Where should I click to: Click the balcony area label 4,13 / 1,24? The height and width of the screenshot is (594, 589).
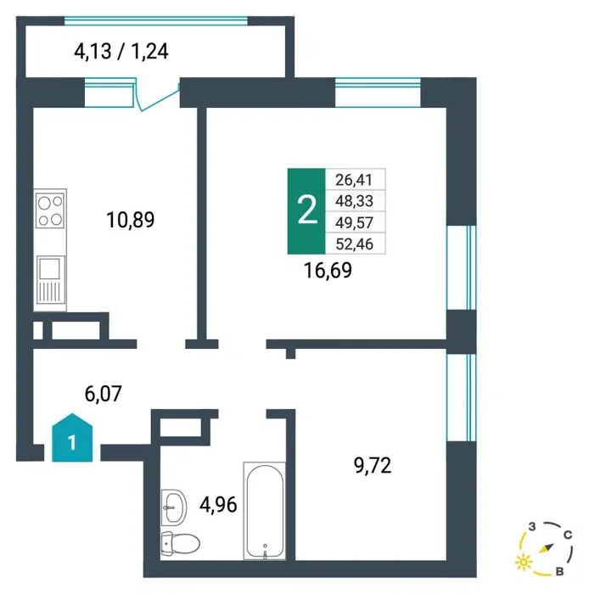121,51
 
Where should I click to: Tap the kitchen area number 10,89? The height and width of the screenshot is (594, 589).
131,220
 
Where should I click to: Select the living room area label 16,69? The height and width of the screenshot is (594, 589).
328,270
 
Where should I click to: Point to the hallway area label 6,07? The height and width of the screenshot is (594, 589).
103,394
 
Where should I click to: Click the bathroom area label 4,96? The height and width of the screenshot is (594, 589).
218,505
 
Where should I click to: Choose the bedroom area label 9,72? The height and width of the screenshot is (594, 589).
373,465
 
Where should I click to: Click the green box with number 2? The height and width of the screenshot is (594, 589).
306,211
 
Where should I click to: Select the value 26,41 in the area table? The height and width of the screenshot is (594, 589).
354,180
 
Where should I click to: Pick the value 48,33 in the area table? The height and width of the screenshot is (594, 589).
354,201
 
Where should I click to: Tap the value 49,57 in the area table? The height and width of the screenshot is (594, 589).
354,222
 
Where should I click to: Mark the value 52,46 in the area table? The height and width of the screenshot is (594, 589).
355,244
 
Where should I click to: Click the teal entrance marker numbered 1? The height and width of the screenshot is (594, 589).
72,438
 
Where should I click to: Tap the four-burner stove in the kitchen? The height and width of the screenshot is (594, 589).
50,210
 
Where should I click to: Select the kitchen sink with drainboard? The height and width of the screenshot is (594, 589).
50,279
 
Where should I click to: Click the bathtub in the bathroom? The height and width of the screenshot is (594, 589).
265,511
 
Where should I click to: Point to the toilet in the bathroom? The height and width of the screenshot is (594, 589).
180,544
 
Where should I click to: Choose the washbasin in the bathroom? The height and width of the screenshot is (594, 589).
174,507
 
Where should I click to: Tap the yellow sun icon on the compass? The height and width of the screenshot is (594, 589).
524,562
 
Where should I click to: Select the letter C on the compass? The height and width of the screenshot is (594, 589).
568,535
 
